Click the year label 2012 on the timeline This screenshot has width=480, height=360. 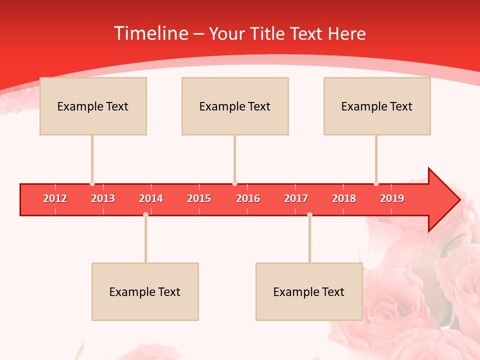55,198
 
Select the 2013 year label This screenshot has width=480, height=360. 103,198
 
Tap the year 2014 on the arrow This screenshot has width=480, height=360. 151,198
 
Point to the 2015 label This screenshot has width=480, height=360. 199,198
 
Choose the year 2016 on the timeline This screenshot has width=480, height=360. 248,198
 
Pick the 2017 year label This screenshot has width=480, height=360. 296,198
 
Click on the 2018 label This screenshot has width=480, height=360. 344,198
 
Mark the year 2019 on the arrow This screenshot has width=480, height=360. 392,198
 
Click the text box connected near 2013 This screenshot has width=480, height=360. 93,106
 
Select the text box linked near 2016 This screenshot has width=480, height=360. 235,106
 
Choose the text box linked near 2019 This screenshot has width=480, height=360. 377,106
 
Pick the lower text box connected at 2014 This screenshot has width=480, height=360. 145,291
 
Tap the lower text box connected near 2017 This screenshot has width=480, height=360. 309,291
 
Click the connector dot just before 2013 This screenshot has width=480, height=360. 92,183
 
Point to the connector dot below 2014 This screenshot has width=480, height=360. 145,215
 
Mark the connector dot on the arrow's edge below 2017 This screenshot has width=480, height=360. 309,215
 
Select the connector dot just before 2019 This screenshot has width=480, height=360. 376,183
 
